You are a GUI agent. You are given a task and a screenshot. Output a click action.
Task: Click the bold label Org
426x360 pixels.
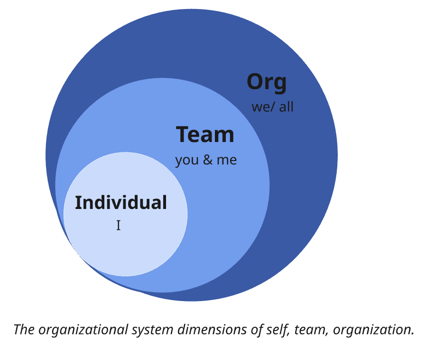[x=267, y=83]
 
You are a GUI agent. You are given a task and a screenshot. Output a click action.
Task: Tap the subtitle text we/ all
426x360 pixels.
[x=272, y=107]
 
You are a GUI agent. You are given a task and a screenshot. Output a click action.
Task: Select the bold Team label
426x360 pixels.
[x=205, y=134]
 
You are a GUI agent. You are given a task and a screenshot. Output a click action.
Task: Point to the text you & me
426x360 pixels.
[x=206, y=160]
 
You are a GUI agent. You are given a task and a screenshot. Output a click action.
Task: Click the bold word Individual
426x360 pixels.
[x=121, y=203]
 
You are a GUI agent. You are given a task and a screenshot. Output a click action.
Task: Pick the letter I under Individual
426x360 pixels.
[x=118, y=226]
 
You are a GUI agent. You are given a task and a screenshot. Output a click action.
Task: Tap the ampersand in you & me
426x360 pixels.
[x=207, y=160]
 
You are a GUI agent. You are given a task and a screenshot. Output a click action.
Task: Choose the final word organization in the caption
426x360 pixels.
[x=373, y=330]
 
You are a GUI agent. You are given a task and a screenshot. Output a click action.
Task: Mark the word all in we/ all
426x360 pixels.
[x=286, y=107]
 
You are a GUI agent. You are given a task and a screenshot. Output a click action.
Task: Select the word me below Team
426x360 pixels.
[x=226, y=160]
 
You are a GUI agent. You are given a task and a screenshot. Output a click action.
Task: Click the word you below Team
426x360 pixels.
[x=186, y=161]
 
